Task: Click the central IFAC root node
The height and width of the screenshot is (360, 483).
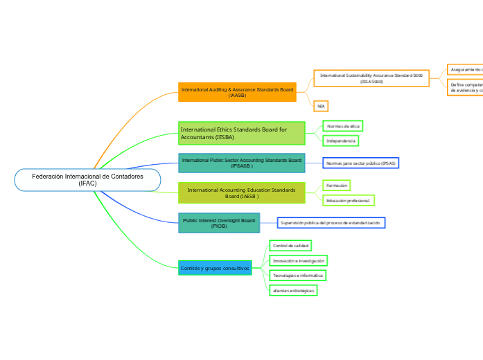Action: click(87, 180)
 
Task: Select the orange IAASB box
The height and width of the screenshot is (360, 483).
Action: click(237, 92)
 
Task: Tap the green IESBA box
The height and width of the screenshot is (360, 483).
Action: click(241, 133)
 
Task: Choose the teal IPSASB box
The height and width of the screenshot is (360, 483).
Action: click(241, 163)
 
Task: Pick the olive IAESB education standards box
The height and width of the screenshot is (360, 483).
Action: click(241, 192)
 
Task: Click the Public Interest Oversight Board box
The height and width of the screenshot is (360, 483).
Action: click(219, 223)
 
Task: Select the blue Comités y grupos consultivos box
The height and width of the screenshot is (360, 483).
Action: click(215, 267)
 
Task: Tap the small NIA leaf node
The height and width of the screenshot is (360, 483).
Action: click(320, 106)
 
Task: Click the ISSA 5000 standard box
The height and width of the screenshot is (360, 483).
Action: click(371, 78)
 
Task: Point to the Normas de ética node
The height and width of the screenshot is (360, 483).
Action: click(343, 126)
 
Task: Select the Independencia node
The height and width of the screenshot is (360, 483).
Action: click(340, 141)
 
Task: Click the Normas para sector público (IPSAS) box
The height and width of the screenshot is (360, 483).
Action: click(360, 163)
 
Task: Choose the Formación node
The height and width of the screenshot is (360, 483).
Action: click(337, 186)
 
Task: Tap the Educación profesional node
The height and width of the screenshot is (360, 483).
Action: click(349, 200)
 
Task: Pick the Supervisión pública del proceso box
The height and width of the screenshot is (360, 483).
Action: click(331, 223)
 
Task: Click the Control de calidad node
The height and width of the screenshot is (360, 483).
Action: click(290, 246)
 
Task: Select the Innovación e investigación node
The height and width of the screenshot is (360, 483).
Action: click(298, 260)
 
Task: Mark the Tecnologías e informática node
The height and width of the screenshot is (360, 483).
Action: click(297, 276)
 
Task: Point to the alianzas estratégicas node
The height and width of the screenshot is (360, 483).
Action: click(293, 291)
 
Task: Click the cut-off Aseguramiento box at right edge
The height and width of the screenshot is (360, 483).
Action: click(465, 69)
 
